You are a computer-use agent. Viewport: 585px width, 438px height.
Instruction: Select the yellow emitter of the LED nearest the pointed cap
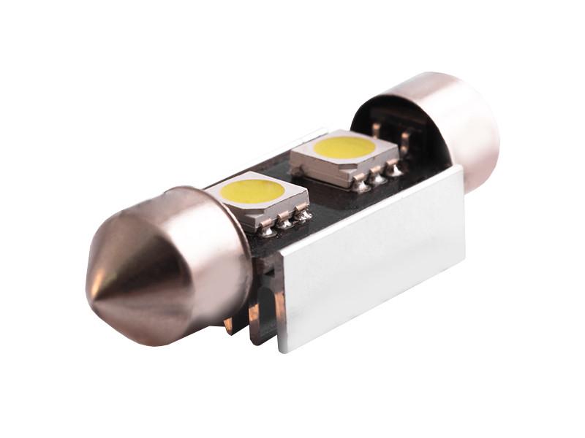click(253, 192)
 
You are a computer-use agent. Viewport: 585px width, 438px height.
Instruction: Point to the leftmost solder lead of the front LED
click(268, 230)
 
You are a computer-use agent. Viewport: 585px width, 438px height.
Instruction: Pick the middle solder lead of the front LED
click(284, 223)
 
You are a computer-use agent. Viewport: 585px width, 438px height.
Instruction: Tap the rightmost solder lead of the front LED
click(301, 216)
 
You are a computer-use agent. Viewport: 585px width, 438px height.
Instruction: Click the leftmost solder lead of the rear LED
click(361, 185)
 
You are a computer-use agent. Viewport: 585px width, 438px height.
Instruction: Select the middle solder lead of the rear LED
click(378, 178)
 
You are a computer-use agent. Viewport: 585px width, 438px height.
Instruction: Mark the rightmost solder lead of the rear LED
click(395, 171)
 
